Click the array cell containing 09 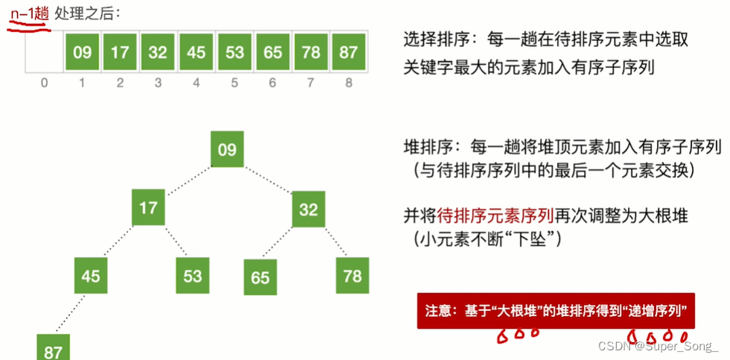[83, 52]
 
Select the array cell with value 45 [197, 52]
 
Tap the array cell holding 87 [349, 52]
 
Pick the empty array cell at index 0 [44, 52]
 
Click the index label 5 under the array [235, 83]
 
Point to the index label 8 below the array [349, 83]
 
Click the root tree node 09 [227, 149]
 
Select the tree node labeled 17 [148, 206]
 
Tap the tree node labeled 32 [308, 209]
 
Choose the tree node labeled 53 [192, 275]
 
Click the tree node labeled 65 [260, 277]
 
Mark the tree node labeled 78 [352, 275]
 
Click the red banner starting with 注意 [555, 310]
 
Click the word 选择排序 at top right [430, 40]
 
